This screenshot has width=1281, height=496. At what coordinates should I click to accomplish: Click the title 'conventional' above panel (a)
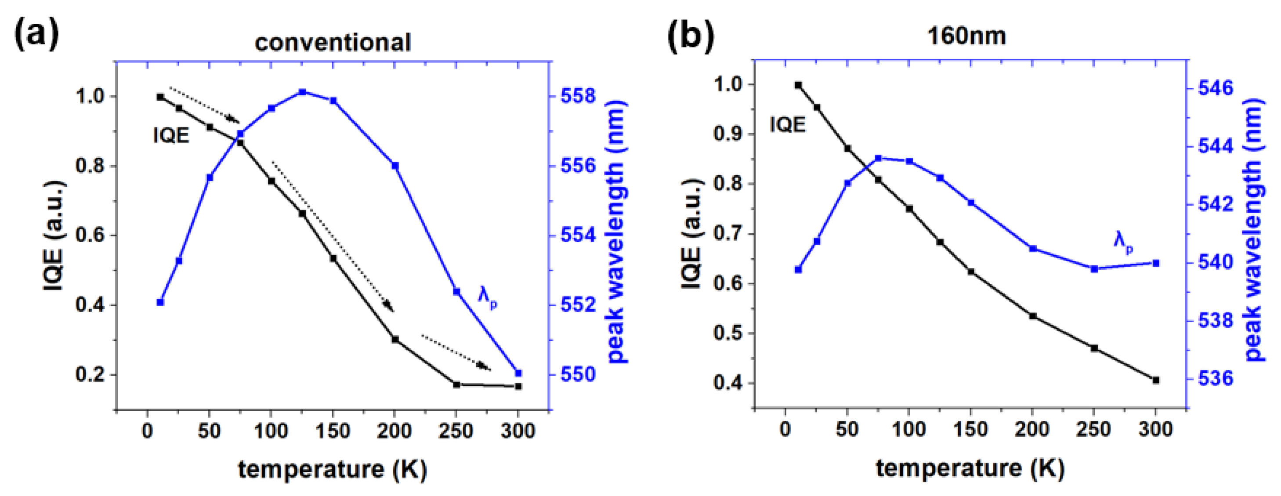pyautogui.click(x=332, y=43)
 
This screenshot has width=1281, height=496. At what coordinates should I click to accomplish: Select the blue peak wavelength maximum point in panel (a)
pyautogui.click(x=302, y=92)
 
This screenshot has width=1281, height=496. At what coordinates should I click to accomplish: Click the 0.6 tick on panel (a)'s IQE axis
pyautogui.click(x=91, y=235)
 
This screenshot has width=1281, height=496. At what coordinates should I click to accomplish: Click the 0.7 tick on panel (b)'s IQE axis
pyautogui.click(x=729, y=234)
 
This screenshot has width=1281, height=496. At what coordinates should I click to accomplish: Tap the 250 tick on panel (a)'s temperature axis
pyautogui.click(x=456, y=431)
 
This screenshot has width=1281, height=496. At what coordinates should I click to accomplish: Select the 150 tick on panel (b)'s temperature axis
pyautogui.click(x=970, y=429)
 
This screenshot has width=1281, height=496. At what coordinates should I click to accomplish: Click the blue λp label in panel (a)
pyautogui.click(x=487, y=297)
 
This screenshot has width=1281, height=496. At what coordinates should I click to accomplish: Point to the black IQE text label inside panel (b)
pyautogui.click(x=787, y=124)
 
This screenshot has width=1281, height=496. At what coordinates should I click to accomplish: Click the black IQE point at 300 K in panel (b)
pyautogui.click(x=1156, y=380)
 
